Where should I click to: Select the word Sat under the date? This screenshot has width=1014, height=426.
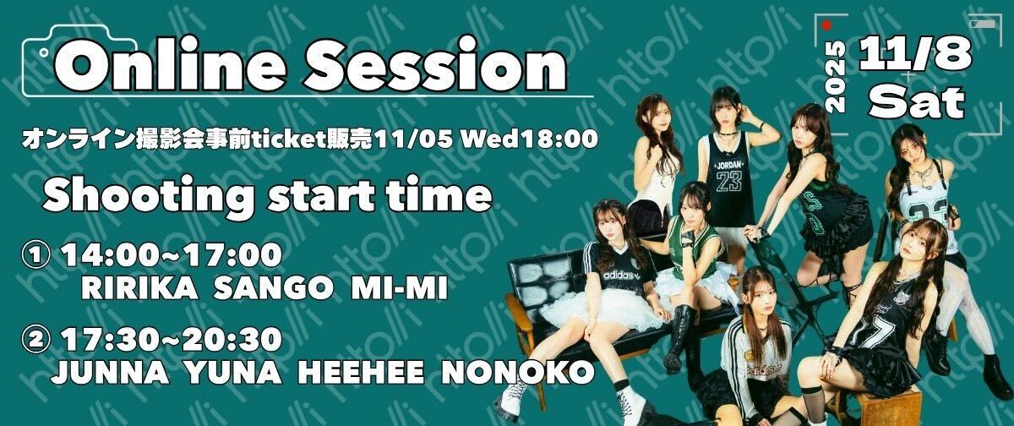(x=916, y=102)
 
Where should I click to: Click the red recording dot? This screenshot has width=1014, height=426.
(x=827, y=25)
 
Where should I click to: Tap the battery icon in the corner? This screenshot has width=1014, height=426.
(x=983, y=24)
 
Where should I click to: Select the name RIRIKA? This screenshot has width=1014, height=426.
(x=139, y=287)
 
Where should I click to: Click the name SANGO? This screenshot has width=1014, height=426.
(x=274, y=287)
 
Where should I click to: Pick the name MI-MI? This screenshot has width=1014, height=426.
(x=399, y=287)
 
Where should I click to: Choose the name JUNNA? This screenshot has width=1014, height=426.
(x=110, y=372)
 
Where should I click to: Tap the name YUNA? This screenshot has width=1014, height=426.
(x=233, y=372)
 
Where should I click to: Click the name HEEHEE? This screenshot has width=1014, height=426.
(x=362, y=372)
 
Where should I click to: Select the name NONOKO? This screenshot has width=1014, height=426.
(x=518, y=372)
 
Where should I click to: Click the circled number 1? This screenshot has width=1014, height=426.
(x=35, y=255)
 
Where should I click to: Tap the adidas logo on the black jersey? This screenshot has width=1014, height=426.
(x=618, y=275)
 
